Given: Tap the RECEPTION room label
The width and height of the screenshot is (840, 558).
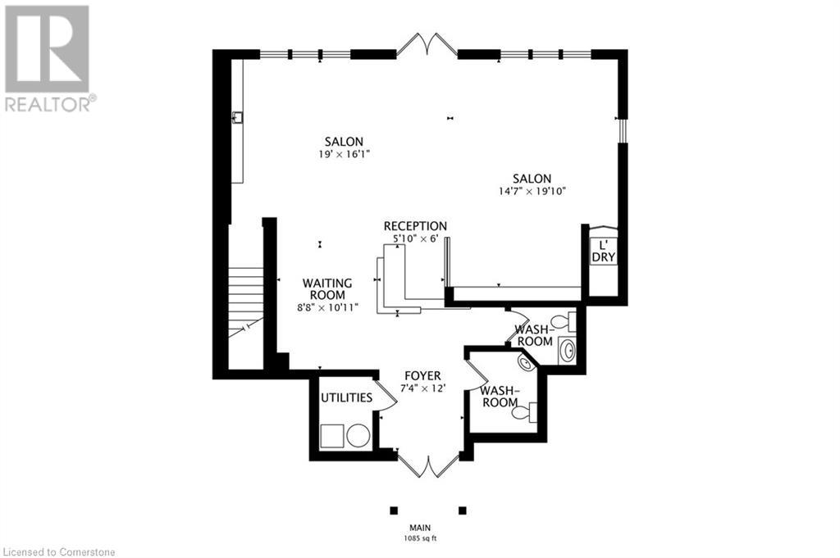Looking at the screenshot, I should coord(415,226).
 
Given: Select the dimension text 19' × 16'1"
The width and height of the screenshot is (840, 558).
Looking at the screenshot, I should coord(343,154).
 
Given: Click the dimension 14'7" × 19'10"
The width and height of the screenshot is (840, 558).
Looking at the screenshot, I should coord(532,191).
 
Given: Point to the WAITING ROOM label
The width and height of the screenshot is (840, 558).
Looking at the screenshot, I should coord(326,288).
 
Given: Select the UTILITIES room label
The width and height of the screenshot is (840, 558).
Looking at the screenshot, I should coord(346,397).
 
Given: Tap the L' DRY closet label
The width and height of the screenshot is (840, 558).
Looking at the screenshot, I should coord(603,251).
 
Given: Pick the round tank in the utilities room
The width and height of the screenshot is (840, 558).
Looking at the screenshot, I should coord(358,435).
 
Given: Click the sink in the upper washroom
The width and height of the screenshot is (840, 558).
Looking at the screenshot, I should coord(565,351).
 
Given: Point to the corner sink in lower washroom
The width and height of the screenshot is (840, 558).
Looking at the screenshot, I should coord(523,361).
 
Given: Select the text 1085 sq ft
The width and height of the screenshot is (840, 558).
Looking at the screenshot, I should coord(421,538).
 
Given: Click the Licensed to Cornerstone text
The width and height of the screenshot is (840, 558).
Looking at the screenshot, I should coord(59,551).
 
